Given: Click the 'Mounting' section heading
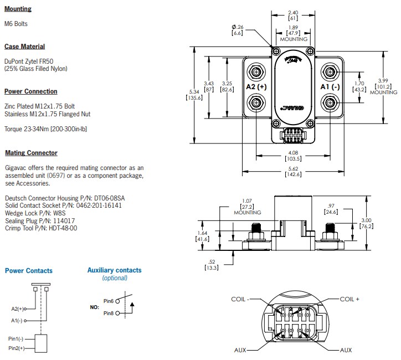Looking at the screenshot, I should point(18,9).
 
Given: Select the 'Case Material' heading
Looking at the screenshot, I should point(24,47).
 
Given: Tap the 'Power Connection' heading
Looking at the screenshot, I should point(30,91).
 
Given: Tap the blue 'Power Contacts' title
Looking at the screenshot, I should point(29,271).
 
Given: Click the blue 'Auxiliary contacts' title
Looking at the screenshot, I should point(114,270).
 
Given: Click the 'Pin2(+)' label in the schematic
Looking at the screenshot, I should point(16,348).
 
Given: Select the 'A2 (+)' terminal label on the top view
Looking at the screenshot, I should point(256,87).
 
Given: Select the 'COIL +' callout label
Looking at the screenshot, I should point(349,299).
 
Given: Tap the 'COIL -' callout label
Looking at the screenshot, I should point(241,299).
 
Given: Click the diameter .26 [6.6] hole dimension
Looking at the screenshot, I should point(237,30).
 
